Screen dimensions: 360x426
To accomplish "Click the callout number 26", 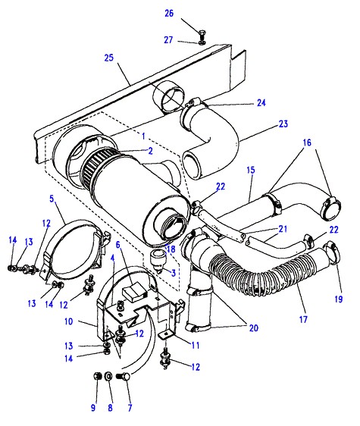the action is coord(169,13).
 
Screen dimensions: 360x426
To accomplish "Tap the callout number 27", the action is coord(168,40).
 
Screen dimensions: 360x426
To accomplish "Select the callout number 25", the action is coord(108,58).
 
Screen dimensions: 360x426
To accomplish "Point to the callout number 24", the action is coord(261,102).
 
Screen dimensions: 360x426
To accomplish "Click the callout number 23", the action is coord(283,124).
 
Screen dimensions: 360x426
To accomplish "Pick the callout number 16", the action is coord(307,143).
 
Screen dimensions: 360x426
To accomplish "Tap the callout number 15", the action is coord(251,170).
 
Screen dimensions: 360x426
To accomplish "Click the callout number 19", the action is coord(339,299).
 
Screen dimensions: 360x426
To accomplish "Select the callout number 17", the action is coord(303,319).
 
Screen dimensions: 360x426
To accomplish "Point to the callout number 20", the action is coord(253,328).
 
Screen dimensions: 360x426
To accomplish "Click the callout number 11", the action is coord(196,346).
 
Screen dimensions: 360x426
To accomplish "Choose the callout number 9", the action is coord(93,408).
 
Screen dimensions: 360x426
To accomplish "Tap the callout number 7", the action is coord(130,408).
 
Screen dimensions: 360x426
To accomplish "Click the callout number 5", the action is coord(52,199).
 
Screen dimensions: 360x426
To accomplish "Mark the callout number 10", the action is coord(68,321).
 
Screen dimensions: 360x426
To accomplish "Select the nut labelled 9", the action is coord(97,376).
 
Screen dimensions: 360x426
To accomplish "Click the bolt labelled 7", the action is coord(124,376).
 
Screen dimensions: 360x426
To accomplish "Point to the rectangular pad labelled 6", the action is coord(134,292).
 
